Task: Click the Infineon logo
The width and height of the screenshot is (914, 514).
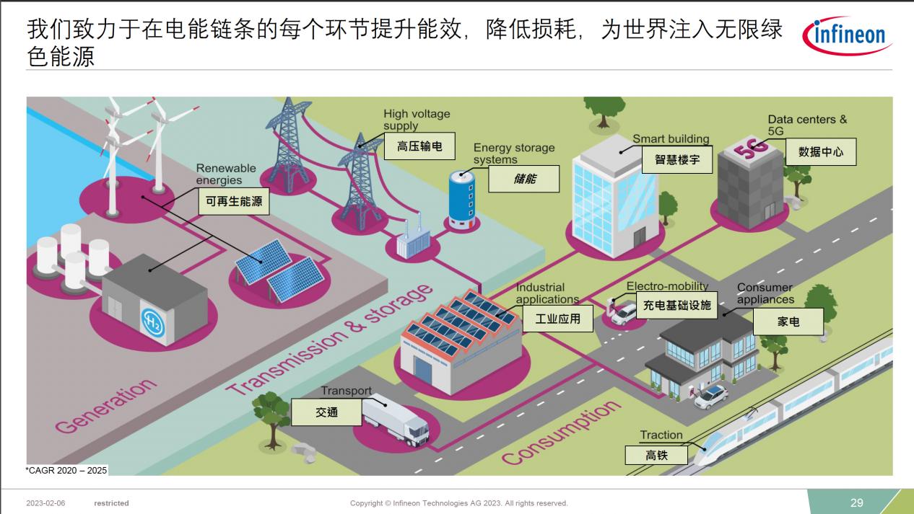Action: coord(847,36)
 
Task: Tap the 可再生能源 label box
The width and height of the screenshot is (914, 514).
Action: coord(234,201)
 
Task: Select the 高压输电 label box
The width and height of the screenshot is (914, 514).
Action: coord(419,146)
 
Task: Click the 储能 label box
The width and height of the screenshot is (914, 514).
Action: coord(524,179)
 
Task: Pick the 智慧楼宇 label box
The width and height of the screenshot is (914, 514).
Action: coord(677,159)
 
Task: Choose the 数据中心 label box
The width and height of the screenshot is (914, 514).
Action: coord(821,152)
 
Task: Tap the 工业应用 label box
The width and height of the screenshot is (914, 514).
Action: coord(558,319)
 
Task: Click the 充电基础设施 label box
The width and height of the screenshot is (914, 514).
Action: coord(676,305)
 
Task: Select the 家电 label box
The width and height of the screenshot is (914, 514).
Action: coord(788,322)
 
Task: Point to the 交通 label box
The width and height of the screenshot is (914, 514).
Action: coord(326,412)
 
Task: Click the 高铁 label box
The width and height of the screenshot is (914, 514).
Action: coord(656,455)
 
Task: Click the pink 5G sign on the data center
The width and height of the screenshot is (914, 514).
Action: coord(751,149)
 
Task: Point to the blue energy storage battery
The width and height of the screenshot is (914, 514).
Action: coord(462,200)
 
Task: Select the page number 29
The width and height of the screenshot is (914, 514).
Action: coord(856,503)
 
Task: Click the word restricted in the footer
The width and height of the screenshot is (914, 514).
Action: coord(111,503)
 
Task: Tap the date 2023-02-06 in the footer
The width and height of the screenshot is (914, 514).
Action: coord(45,503)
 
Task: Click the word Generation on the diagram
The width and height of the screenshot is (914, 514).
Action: coord(106,405)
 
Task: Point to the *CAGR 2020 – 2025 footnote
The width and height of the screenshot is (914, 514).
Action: coord(66,471)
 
